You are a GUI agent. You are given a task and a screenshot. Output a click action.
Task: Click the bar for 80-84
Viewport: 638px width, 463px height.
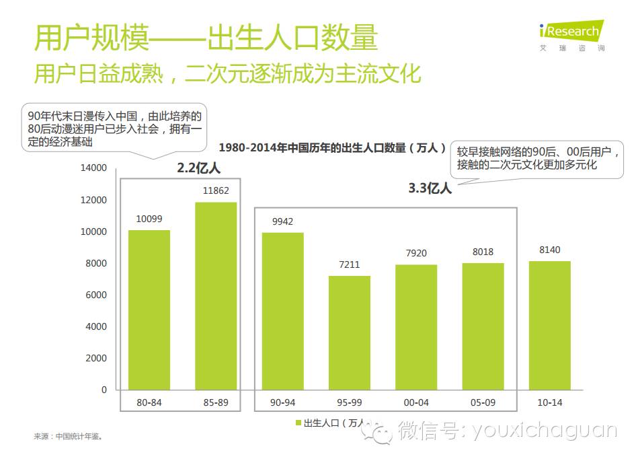(149, 310)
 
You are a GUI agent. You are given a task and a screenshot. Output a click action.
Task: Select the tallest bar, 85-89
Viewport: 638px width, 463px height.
(216, 295)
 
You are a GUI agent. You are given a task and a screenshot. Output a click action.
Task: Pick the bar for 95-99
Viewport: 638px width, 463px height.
(349, 332)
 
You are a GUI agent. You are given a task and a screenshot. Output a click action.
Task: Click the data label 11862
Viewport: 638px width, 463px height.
(216, 190)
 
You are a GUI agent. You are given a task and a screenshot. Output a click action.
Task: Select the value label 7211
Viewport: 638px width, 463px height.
(349, 264)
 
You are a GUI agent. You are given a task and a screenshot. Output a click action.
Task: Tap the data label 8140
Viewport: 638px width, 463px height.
(549, 250)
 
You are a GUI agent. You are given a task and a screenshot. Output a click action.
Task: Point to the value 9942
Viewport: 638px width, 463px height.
(282, 221)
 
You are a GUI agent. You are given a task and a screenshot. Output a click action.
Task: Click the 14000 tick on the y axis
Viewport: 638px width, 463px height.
(93, 168)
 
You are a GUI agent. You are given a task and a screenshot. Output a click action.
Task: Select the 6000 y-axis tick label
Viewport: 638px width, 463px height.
(96, 295)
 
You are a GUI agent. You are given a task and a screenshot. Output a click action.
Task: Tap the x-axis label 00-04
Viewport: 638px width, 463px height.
(415, 402)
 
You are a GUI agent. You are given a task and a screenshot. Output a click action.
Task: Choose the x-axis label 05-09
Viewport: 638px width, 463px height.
(483, 402)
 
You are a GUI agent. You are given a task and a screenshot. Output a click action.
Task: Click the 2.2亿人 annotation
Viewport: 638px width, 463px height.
(198, 168)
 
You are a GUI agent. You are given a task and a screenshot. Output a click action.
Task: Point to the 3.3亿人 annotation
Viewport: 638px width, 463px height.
(430, 188)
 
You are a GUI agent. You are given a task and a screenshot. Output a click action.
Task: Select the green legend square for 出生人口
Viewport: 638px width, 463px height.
(298, 423)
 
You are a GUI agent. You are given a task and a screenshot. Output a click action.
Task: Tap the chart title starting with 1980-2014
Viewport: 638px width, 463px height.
(333, 147)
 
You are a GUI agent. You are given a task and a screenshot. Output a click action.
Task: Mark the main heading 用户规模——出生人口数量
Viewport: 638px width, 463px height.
(206, 38)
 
